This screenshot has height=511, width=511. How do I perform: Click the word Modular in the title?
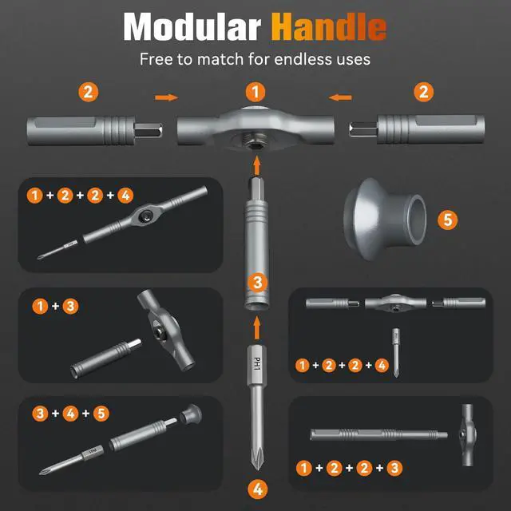click(x=192, y=28)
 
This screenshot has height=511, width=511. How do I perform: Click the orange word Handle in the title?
click(x=329, y=28)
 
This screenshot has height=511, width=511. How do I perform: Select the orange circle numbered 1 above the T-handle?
click(x=255, y=91)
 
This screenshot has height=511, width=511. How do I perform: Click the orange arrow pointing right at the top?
click(x=166, y=97)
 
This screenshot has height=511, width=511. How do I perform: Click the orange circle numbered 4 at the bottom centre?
click(x=255, y=488)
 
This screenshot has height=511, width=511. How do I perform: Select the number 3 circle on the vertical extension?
click(x=255, y=282)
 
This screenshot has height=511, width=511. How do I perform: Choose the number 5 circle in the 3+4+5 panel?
click(x=101, y=413)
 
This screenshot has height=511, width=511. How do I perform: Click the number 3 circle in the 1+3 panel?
click(x=70, y=305)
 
